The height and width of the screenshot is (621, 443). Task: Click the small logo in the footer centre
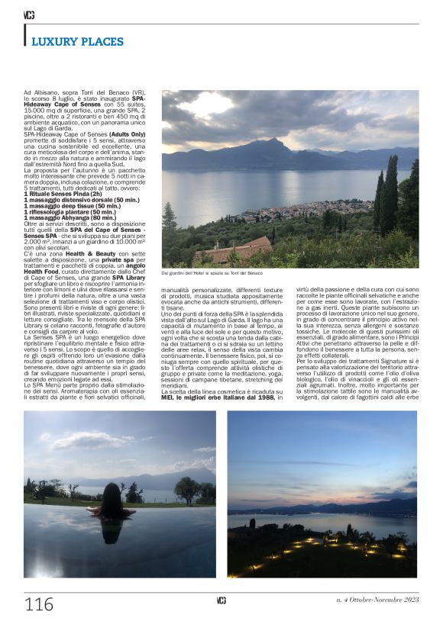221,600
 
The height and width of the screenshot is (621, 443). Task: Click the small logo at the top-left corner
29,14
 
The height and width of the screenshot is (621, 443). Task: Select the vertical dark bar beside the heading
25,35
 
